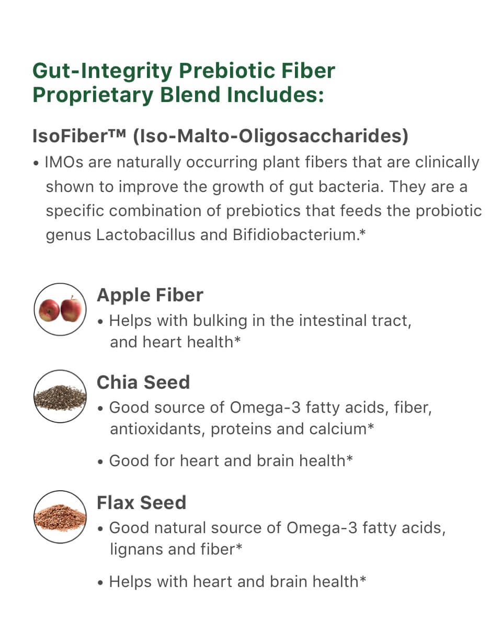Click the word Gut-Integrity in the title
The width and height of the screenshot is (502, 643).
pos(102,72)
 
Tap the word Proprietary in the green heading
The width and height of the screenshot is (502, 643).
pos(93,96)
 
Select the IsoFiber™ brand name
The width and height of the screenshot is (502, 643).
pos(79,136)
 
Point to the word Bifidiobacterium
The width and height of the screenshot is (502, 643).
pos(295,235)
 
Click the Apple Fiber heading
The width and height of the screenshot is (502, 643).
pos(150,295)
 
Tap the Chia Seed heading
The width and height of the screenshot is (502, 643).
pos(143,382)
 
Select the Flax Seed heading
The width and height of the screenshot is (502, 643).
pos(141,503)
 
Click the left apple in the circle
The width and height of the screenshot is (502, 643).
pos(49,310)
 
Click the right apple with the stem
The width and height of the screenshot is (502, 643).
pos(71,309)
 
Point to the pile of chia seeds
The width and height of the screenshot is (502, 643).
pos(60,398)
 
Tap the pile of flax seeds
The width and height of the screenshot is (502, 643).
pos(60,518)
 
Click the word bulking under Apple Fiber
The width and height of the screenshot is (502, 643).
pos(220,321)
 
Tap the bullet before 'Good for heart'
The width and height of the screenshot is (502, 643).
pos(100,462)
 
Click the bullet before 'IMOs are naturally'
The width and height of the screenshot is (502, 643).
pos(36,163)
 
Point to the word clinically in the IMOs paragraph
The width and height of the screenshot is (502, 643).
pos(447,163)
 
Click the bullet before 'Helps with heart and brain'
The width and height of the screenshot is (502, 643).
pos(100,583)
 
